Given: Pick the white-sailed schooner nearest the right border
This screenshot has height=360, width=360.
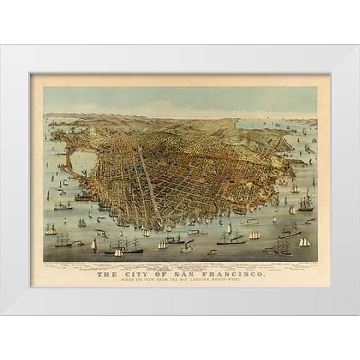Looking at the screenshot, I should [x=304, y=242].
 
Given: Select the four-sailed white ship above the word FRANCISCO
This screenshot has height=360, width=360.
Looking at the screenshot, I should [x=254, y=235].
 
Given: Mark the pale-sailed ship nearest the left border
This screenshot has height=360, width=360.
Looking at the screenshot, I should [x=50, y=229].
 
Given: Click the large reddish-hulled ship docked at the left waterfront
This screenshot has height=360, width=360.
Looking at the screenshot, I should [x=85, y=198].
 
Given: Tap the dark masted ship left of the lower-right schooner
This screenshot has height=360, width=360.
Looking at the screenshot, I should [x=282, y=248].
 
